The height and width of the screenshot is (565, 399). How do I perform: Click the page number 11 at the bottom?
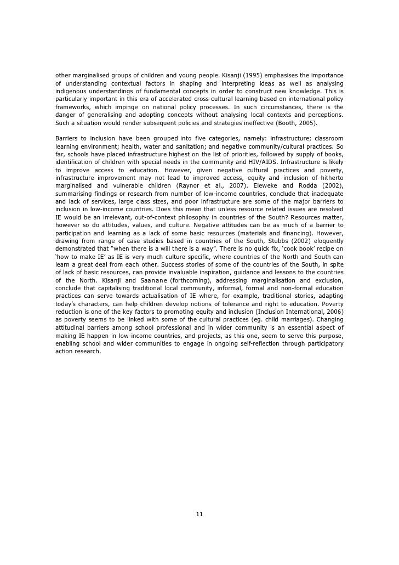point(200,514)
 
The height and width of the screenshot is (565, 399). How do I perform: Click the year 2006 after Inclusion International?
point(334,311)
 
